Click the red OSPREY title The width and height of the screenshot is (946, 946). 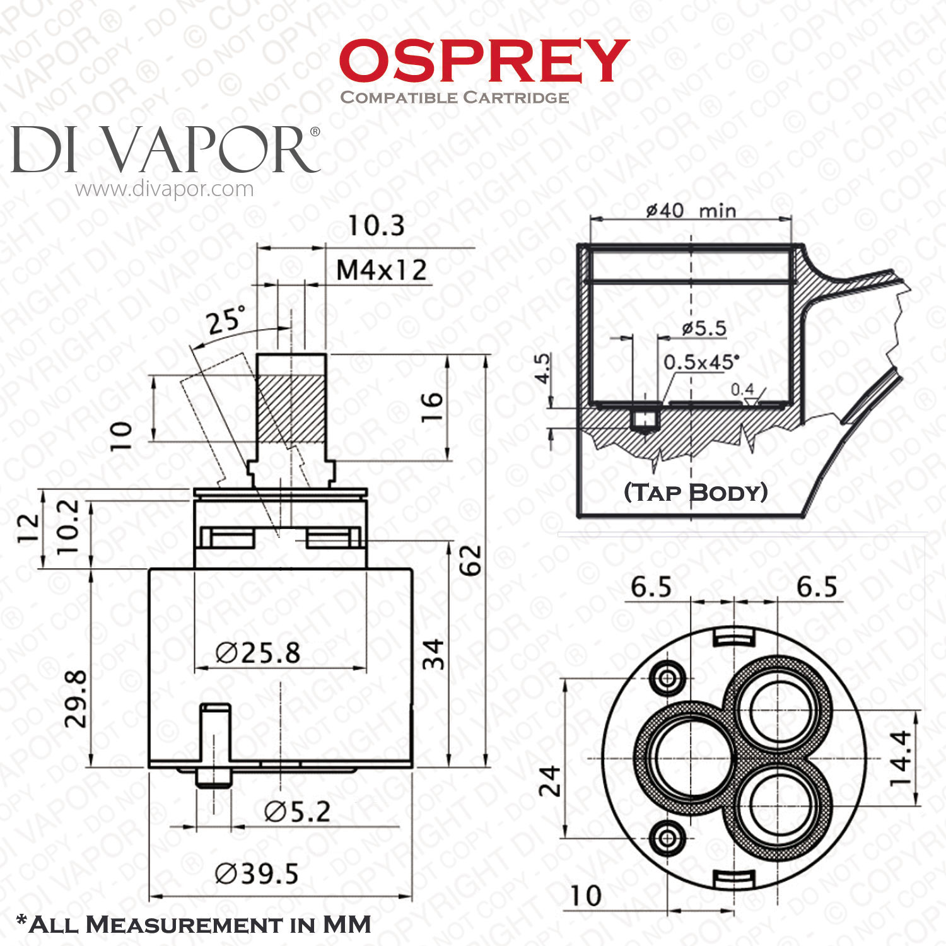pos(484,61)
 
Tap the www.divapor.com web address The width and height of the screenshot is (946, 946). pos(165,189)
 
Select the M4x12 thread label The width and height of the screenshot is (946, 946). pos(382,270)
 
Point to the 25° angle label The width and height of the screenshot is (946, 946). pos(225,320)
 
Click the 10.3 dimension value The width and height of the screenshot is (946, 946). pos(377,226)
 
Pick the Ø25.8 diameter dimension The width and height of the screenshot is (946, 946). pos(257,653)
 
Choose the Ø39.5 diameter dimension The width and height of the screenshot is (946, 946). pos(256,874)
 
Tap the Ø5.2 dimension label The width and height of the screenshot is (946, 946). pos(297,812)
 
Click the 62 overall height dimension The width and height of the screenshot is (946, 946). pos(470,560)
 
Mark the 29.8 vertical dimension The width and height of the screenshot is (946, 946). pos(76,699)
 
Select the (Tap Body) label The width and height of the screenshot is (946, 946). pos(696,493)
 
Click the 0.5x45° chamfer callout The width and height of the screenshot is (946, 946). pos(701,361)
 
